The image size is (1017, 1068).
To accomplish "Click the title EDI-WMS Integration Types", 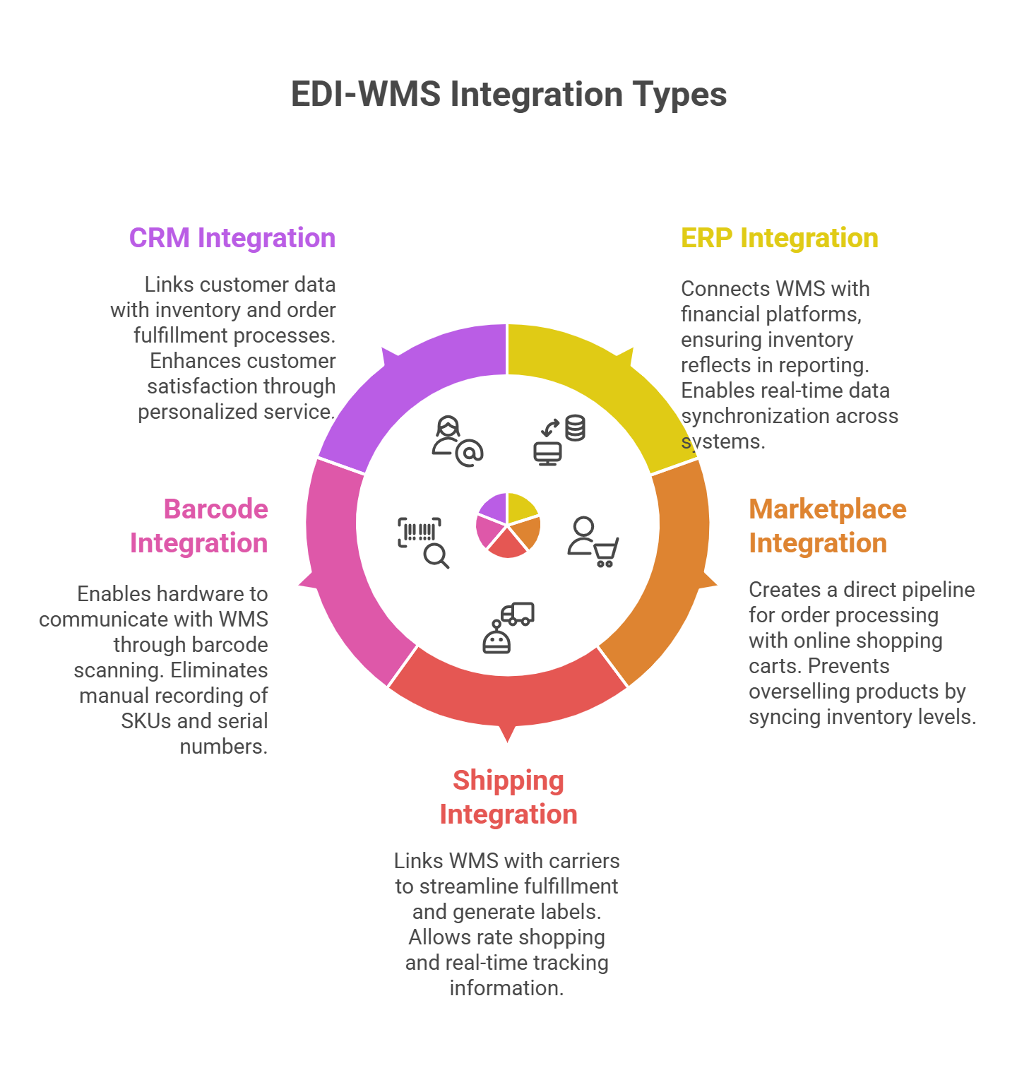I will [509, 95].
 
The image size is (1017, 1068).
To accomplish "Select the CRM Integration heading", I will [232, 238].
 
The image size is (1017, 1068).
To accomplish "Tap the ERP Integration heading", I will [779, 238].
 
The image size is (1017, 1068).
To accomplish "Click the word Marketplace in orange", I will [827, 509].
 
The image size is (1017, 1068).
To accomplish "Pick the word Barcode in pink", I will [215, 509].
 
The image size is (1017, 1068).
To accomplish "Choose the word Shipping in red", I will [508, 781].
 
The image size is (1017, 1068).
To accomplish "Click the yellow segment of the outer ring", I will [600, 381].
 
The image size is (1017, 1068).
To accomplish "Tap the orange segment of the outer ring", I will [667, 572].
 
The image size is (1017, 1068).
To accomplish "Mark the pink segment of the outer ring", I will [346, 572].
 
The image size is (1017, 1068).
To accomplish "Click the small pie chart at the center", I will [507, 525].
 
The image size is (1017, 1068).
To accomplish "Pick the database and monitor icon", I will [559, 440].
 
